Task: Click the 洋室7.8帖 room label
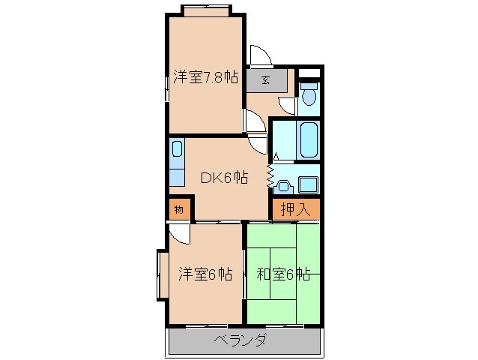click(205, 77)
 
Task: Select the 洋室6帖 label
click(205, 274)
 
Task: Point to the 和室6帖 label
click(283, 274)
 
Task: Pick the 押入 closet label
click(295, 209)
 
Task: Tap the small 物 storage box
click(179, 208)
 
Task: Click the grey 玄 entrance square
click(265, 79)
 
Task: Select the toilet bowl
click(309, 95)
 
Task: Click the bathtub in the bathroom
click(309, 137)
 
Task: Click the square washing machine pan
click(308, 184)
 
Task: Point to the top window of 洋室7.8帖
click(205, 10)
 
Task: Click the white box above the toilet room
click(309, 73)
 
